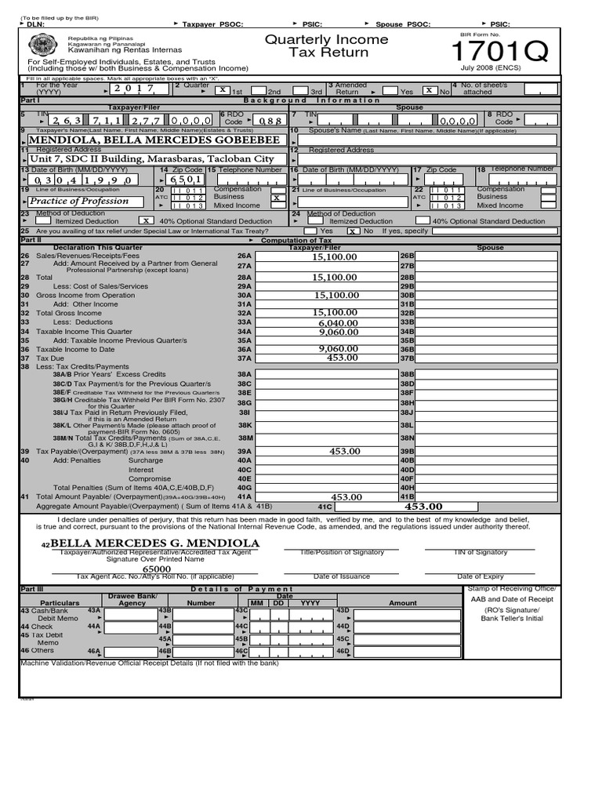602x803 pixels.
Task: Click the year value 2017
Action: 135,89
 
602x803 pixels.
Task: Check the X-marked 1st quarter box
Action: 223,90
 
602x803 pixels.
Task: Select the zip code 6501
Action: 181,179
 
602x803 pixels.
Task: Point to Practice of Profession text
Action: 78,201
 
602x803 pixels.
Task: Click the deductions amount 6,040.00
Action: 338,322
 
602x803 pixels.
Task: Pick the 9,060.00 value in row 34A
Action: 338,332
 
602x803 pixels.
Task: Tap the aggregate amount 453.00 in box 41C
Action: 423,507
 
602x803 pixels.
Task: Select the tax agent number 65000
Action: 156,569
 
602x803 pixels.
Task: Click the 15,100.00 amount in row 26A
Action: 335,256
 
